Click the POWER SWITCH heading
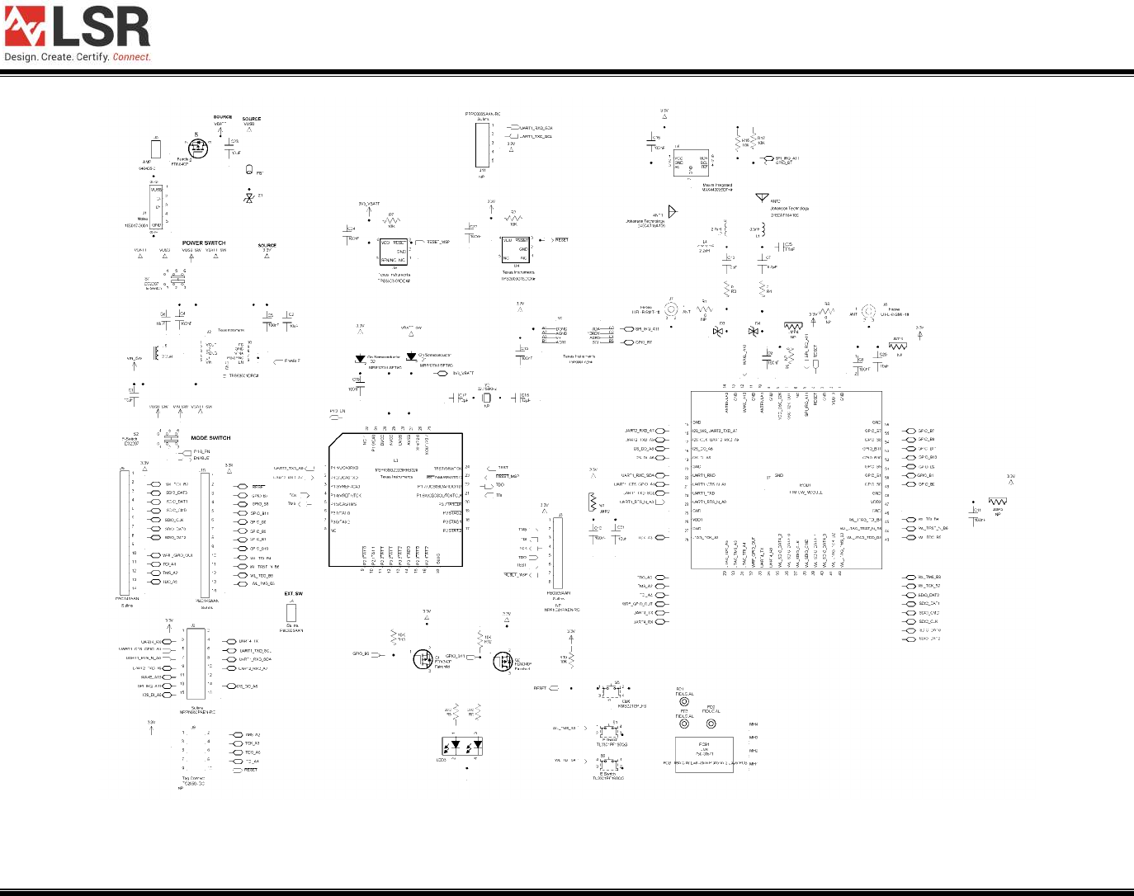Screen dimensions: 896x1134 coord(203,243)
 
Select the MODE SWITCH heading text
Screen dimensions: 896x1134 coord(210,438)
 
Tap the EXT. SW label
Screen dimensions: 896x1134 coord(293,594)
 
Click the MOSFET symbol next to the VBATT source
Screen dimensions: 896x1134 coord(198,149)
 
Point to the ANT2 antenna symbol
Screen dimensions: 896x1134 coord(762,198)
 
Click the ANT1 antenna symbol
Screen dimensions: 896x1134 coord(672,212)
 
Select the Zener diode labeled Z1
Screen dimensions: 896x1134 coord(248,198)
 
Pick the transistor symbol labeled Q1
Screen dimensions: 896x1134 coord(423,659)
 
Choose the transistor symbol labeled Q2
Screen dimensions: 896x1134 coord(502,661)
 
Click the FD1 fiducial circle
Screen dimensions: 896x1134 coord(684,702)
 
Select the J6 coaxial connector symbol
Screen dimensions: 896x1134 coord(868,312)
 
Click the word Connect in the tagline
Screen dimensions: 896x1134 coord(131,58)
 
